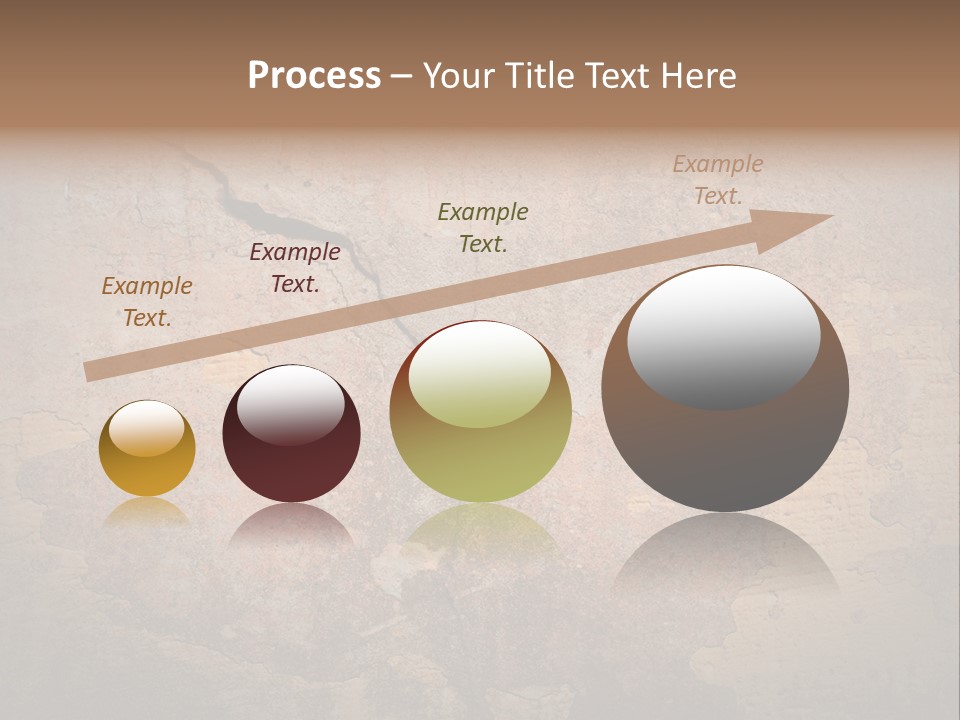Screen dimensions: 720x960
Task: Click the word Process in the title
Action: click(x=314, y=76)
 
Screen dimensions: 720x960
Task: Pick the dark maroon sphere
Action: click(x=291, y=460)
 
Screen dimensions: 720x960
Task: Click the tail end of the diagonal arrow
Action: click(x=88, y=372)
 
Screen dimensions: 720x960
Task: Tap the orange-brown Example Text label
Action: click(x=147, y=301)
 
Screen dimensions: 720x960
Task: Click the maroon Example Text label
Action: click(x=295, y=267)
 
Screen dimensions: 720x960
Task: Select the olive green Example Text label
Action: click(x=483, y=227)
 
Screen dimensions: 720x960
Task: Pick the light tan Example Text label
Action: click(x=718, y=180)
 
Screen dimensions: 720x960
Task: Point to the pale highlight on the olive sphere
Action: click(x=480, y=375)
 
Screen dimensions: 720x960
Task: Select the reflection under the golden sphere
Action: click(x=147, y=512)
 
